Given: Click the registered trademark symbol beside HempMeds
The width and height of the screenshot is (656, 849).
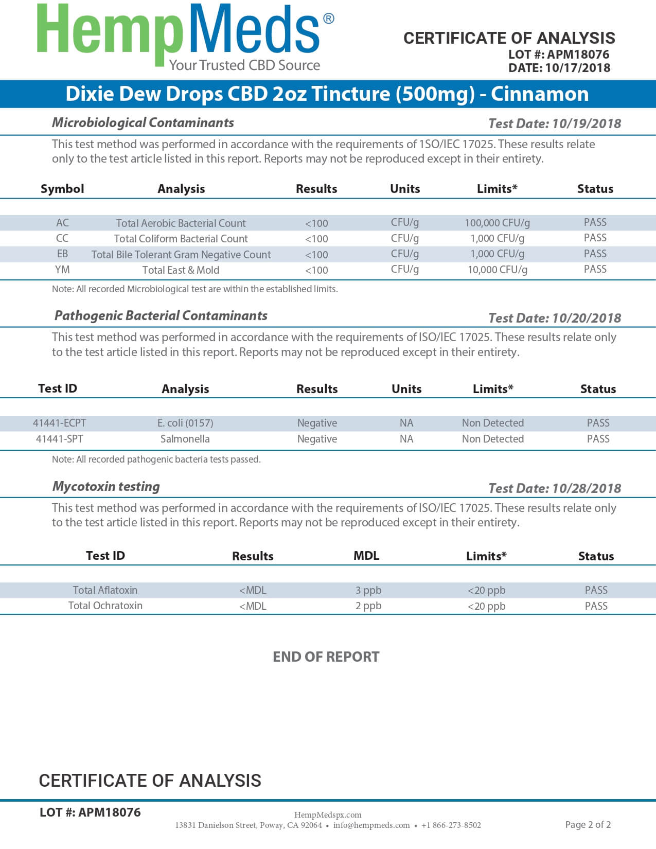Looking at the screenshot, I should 328,19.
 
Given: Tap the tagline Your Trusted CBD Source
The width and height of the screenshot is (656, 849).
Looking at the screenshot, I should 244,65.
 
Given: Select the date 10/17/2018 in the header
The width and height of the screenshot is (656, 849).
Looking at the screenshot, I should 577,68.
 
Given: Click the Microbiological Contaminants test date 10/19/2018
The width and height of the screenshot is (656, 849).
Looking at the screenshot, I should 587,123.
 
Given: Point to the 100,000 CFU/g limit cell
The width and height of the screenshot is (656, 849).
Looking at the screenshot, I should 497,223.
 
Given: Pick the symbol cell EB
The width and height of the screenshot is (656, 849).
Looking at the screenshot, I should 62,254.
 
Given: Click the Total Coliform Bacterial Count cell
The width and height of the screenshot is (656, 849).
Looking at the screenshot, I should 181,239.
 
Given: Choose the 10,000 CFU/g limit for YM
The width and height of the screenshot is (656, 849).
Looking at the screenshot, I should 497,270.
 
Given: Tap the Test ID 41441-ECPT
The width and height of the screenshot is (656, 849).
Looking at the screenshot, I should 60,423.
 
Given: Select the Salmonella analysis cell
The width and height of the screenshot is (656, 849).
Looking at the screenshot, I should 185,439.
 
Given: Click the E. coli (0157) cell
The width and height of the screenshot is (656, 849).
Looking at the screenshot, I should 185,423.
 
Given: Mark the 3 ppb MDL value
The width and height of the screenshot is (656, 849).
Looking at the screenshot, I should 368,590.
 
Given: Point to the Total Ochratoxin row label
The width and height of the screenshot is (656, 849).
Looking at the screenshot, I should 105,606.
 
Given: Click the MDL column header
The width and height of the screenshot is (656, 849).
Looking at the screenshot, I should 366,556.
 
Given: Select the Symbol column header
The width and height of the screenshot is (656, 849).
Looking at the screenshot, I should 62,189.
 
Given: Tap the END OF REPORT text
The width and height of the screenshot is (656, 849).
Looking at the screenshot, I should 326,657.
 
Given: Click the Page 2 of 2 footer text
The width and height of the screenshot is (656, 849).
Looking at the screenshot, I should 588,825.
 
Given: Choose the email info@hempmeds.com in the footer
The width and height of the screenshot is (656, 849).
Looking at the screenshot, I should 371,825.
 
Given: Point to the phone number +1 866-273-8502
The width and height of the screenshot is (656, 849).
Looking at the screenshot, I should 451,825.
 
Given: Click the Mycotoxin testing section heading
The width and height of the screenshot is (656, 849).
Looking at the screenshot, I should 106,486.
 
